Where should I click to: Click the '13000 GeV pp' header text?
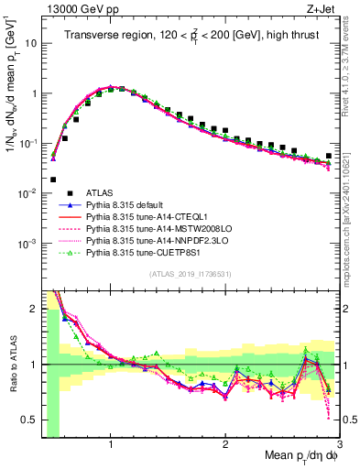click(x=79, y=8)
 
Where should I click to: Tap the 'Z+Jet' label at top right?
click(x=322, y=8)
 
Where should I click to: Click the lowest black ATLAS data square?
click(x=53, y=180)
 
